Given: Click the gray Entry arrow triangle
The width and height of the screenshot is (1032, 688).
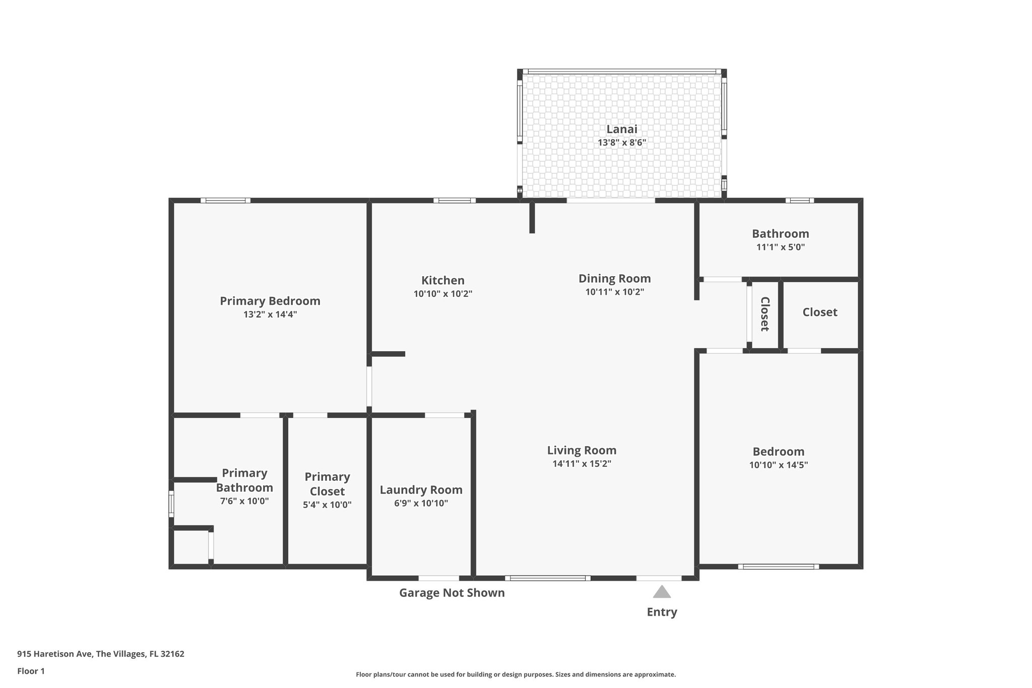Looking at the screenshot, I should pos(662,592).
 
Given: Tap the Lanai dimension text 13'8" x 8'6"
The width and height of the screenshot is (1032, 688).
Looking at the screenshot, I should pos(622,143).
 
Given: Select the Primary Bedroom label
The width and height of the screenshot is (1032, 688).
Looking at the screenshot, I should pos(270,301).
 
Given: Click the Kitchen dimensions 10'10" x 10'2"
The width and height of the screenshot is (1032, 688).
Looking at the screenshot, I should pos(442,294).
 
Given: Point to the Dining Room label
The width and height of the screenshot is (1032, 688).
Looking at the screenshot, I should pos(614,278).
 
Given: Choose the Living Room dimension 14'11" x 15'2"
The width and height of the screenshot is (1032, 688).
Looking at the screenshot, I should pos(582,464).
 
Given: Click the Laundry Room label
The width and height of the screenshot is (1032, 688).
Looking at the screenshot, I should pos(421,489).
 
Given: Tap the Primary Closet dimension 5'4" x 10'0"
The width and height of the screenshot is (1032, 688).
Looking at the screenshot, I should pos(327,505).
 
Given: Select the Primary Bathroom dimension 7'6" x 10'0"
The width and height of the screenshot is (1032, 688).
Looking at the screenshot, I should pos(244,502).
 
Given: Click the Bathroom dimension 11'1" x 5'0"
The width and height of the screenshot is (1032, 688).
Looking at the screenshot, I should pos(780,247).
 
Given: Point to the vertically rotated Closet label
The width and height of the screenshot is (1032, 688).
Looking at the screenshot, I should pos(764,314).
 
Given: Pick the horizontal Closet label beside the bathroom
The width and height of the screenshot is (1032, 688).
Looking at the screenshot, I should pos(819,312).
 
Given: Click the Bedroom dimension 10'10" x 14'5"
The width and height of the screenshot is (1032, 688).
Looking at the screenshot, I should pos(778,465).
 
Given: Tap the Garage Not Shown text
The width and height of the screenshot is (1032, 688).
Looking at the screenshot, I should pos(451,593).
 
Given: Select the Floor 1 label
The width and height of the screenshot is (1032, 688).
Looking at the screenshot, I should pos(31,671).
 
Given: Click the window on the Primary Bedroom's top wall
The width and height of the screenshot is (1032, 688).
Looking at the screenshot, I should pos(225,201).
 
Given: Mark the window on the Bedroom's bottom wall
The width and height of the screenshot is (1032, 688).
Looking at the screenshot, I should pos(778,567).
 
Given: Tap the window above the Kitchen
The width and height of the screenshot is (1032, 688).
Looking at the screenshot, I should pos(455,201).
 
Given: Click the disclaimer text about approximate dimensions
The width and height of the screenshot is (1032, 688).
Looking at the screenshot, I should pos(515,674).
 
